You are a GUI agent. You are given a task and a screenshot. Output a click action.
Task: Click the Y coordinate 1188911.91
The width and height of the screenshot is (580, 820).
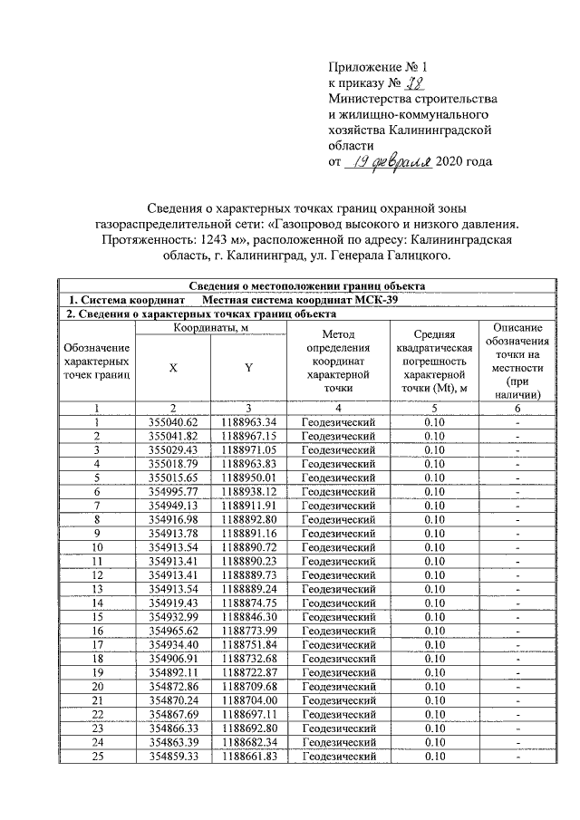[248, 504]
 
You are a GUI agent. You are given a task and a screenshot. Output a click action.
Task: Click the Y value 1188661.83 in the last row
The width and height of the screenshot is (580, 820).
[248, 757]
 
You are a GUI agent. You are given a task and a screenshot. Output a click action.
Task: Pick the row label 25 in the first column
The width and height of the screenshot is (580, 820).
[96, 757]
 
